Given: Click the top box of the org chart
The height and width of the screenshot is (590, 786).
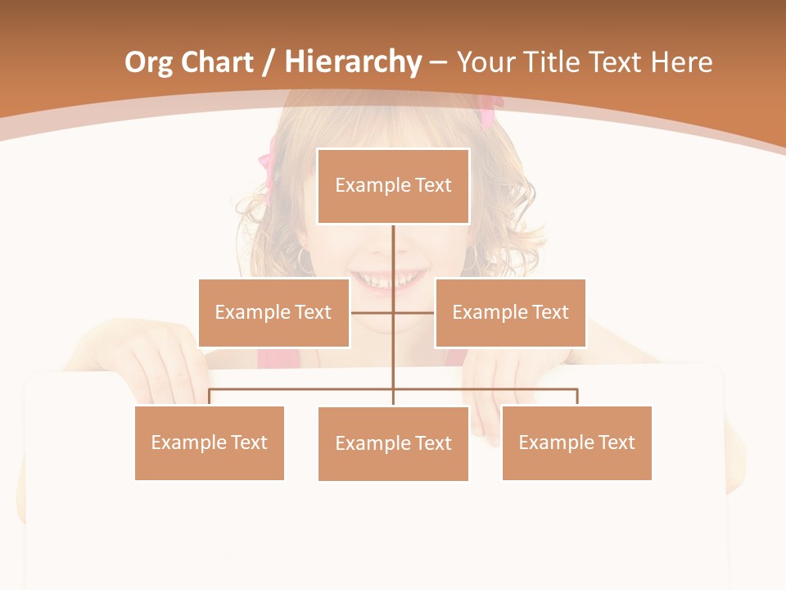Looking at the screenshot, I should tap(393, 186).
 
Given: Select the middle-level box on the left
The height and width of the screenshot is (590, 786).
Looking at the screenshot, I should tap(273, 312).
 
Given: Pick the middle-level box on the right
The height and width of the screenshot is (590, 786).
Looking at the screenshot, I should tap(510, 312).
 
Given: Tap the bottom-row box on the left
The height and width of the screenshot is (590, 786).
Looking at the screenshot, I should tap(210, 442).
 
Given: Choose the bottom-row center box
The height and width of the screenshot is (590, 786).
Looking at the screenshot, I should tap(393, 443).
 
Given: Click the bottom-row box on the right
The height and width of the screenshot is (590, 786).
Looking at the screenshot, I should tap(576, 442).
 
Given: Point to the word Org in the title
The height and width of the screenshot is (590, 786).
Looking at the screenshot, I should tap(148, 62).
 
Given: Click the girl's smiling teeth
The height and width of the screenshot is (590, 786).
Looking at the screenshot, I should tap(390, 280).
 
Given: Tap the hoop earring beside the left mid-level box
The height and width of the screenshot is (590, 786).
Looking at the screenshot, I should tap(305, 261).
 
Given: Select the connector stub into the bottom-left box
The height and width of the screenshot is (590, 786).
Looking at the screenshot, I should tap(210, 397).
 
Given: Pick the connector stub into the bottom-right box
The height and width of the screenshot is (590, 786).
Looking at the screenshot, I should tap(576, 397).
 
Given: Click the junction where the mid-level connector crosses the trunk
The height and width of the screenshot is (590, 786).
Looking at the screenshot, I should tap(393, 312).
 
